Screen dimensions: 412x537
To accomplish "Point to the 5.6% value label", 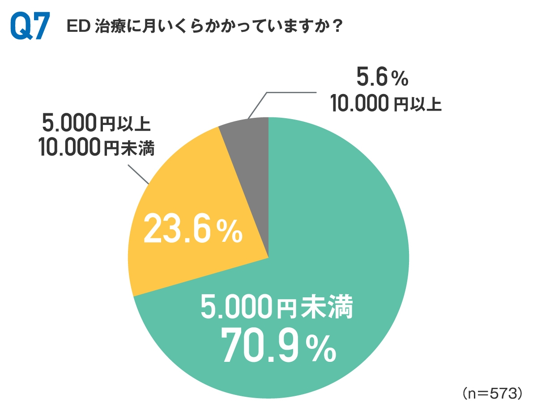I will pos(383,79).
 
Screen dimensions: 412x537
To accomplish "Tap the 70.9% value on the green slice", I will pos(277,346).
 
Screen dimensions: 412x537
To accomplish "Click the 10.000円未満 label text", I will pos(96,147).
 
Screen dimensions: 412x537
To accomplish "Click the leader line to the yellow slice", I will pos(139,174).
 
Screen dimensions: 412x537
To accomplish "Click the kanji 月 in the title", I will pos(142,27).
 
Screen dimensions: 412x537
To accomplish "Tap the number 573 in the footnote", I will pos(500,393).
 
